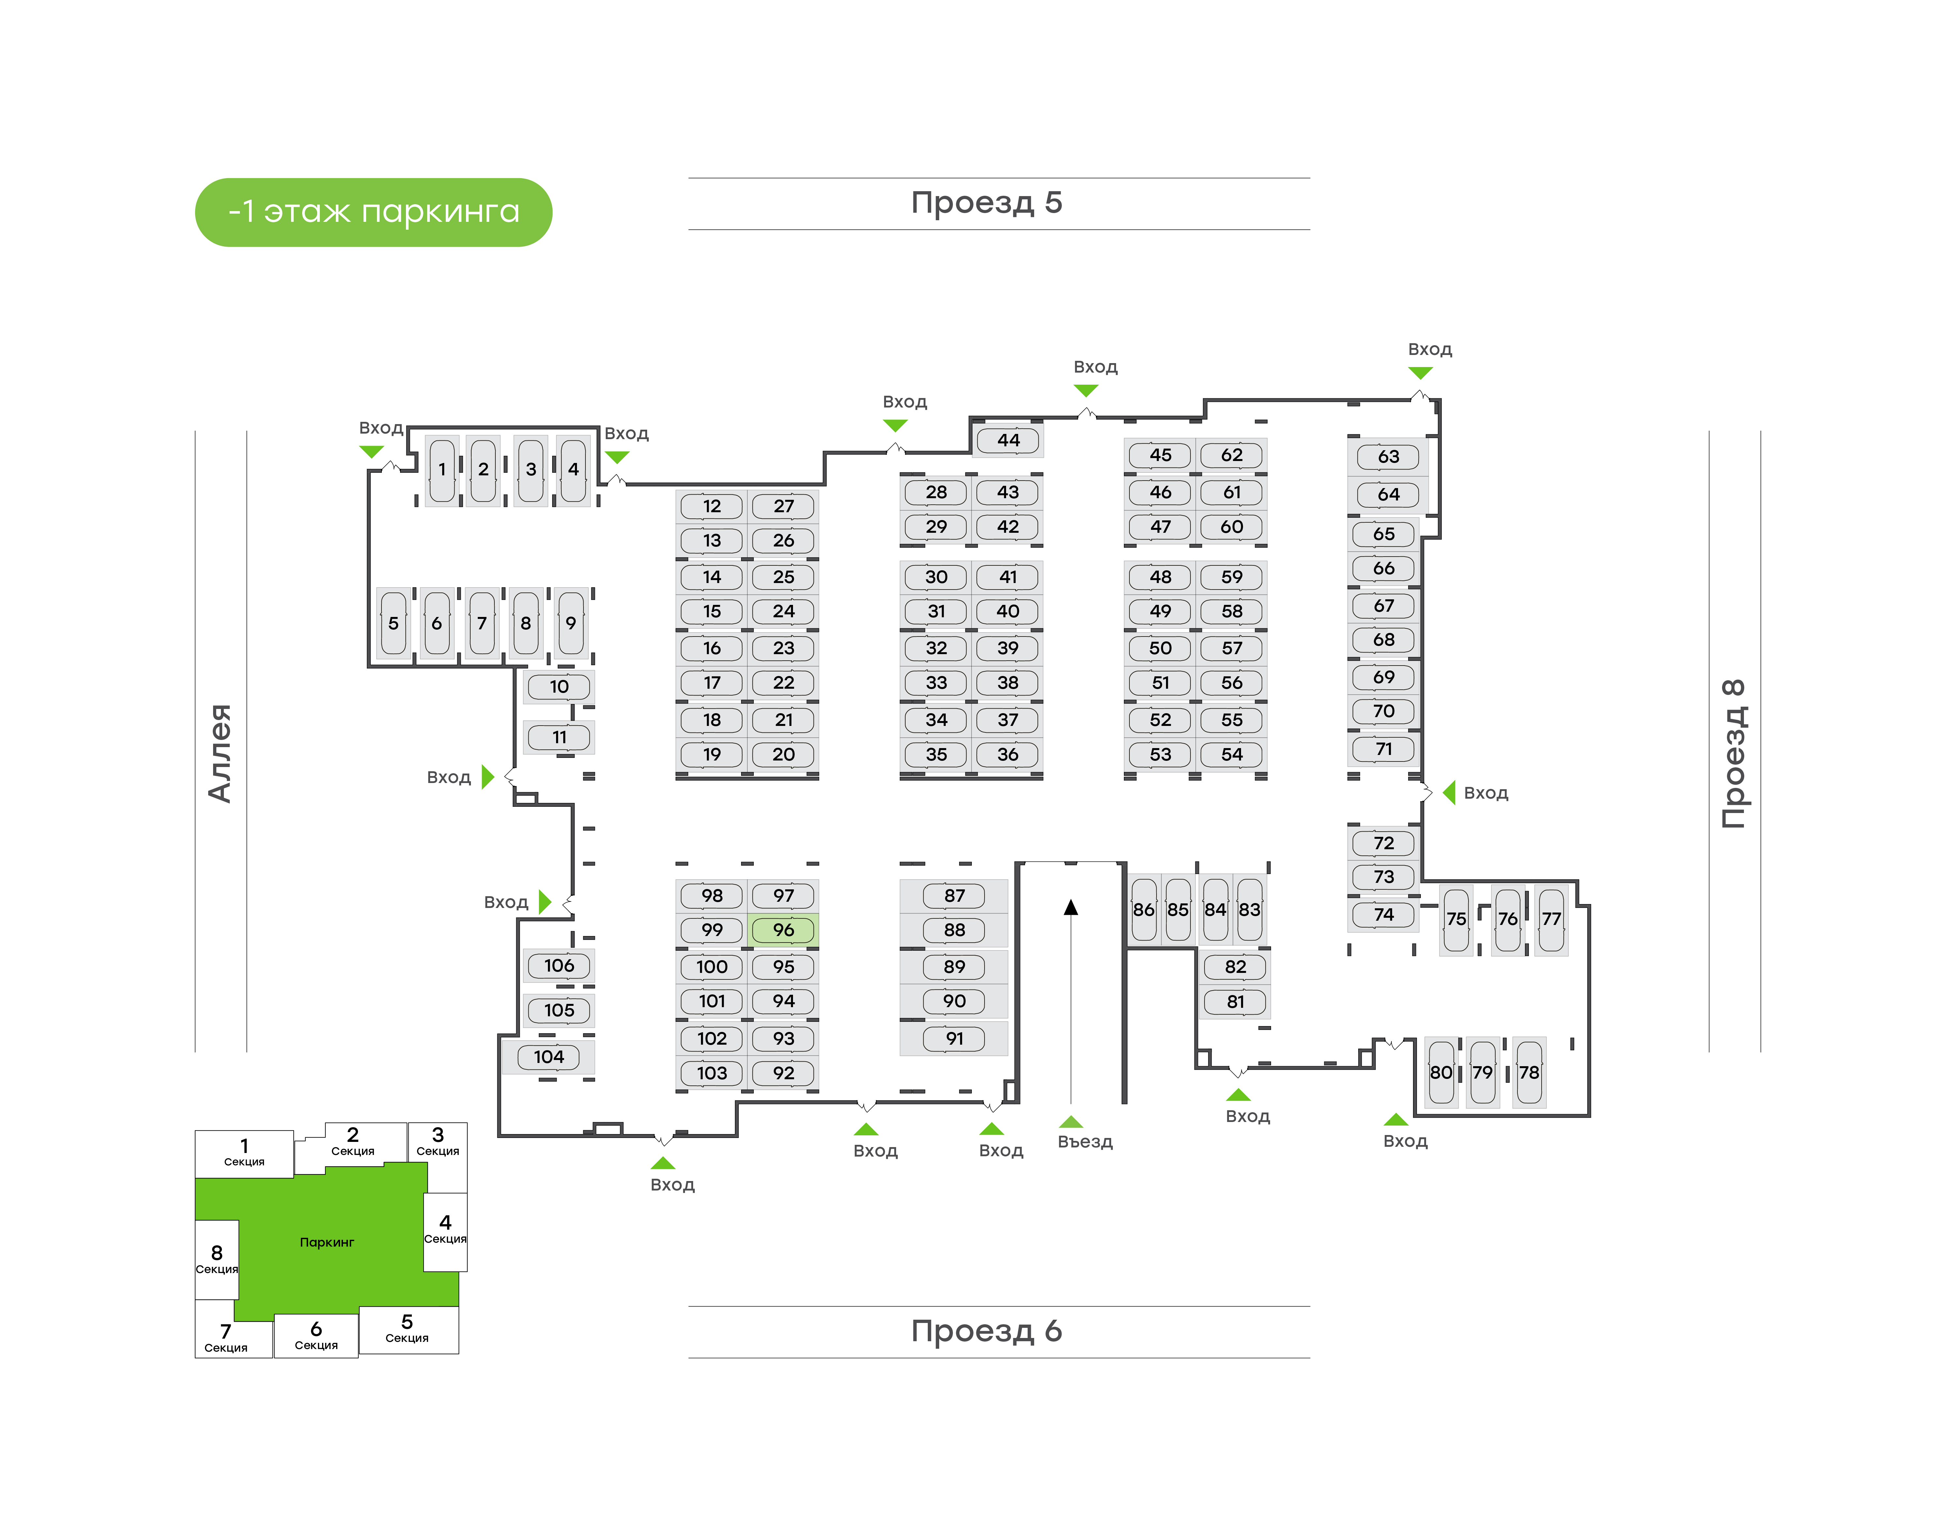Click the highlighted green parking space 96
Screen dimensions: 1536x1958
click(783, 930)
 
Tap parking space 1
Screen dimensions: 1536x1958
click(442, 469)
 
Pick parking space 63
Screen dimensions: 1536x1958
click(1388, 457)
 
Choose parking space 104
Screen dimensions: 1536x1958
click(549, 1057)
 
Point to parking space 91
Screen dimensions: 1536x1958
click(954, 1039)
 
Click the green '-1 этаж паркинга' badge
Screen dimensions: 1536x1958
click(373, 212)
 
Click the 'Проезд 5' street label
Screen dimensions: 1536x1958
click(987, 203)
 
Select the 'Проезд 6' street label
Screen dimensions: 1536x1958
click(987, 1331)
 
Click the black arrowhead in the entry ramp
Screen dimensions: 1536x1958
click(1070, 908)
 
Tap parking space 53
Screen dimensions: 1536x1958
click(1160, 755)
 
